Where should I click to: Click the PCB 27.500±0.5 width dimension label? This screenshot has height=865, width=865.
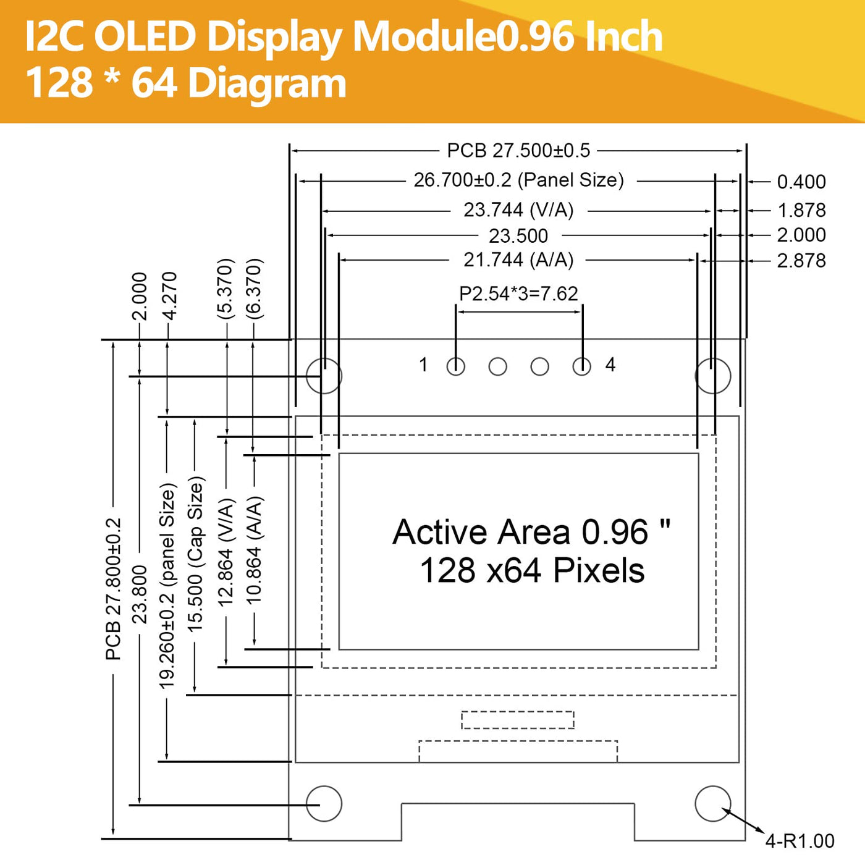518,151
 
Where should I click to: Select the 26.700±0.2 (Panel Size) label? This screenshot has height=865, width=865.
518,180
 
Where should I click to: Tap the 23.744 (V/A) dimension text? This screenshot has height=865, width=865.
518,210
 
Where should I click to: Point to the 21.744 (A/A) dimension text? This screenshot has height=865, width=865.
518,260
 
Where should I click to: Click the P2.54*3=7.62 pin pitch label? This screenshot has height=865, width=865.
518,293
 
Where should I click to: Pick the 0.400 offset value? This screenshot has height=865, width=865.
801,182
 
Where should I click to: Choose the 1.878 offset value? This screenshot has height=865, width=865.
801,211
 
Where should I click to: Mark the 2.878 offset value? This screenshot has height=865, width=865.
801,261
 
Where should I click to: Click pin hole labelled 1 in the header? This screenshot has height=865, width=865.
456,366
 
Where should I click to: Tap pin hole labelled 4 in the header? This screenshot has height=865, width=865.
581,366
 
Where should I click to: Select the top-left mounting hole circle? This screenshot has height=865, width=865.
324,376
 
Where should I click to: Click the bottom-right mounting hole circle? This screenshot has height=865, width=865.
713,803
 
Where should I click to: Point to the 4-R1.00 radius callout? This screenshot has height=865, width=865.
800,841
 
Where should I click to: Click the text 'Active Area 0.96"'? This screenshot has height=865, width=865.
531,532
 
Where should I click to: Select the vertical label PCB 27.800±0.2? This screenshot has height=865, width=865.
114,589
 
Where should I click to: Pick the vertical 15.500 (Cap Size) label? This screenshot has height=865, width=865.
195,554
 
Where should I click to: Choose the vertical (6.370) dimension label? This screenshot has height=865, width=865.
254,289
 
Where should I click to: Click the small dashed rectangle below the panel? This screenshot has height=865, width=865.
518,720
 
